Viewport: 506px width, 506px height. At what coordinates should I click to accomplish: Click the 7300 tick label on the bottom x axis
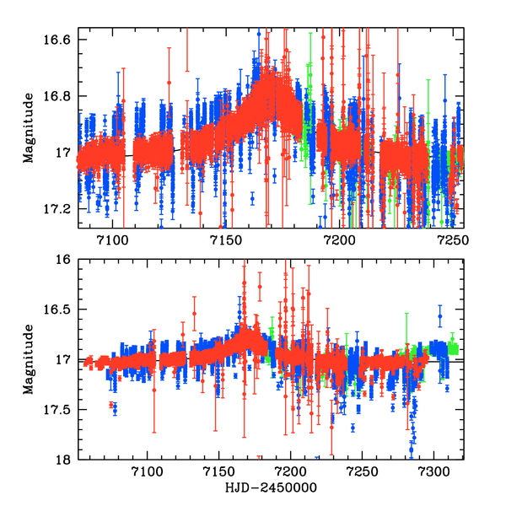tap(433, 473)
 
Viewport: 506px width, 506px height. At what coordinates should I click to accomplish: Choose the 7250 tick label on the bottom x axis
tap(362, 473)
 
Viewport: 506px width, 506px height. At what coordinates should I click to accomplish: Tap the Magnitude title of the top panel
tap(29, 134)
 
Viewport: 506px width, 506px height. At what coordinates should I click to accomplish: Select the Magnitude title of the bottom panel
tap(29, 359)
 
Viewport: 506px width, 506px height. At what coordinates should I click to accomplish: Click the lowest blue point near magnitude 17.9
tap(412, 449)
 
